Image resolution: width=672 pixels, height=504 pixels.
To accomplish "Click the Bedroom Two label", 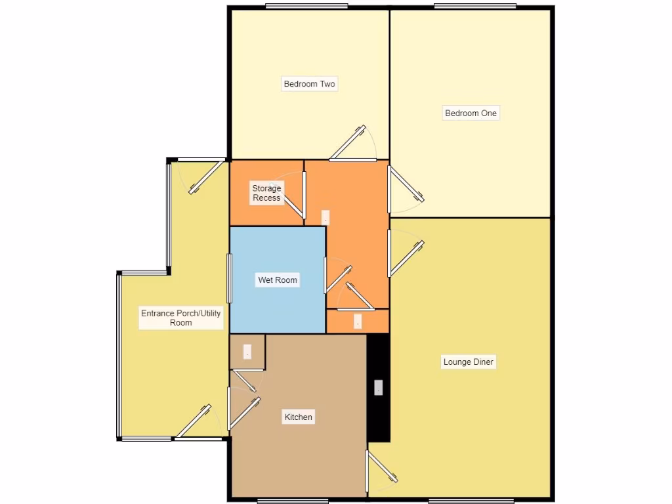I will (309, 84).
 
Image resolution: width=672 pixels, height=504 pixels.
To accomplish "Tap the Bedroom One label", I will (471, 113).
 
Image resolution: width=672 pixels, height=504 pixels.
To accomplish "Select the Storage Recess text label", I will (266, 193).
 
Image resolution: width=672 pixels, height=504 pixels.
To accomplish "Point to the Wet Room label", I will (278, 280).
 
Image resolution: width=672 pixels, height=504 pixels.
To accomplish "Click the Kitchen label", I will (298, 417).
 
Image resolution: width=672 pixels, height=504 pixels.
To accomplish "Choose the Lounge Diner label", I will (469, 362).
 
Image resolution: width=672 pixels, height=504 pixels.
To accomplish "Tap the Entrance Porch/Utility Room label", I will (181, 318).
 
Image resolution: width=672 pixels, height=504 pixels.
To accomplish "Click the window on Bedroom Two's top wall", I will (306, 7).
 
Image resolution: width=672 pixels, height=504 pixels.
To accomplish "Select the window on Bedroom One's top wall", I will (474, 7).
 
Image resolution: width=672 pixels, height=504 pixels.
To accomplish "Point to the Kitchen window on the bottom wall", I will (283, 501).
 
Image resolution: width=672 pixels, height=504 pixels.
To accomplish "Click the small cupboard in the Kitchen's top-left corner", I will (247, 352).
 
